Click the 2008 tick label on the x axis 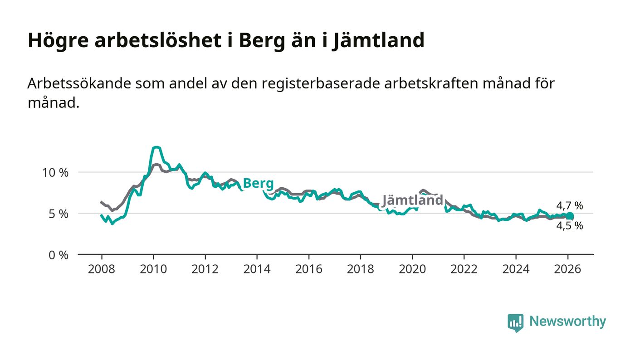click(x=101, y=269)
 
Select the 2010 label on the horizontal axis click(x=153, y=269)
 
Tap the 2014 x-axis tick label click(x=257, y=269)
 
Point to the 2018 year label click(x=360, y=269)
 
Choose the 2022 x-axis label click(x=464, y=269)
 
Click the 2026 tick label click(x=567, y=269)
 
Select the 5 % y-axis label click(x=59, y=214)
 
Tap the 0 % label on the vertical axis click(x=59, y=255)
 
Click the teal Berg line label click(x=258, y=184)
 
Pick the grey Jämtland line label click(x=412, y=200)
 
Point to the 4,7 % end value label click(x=569, y=206)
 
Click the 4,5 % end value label click(x=569, y=226)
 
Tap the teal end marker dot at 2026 click(x=570, y=216)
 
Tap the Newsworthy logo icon click(x=515, y=322)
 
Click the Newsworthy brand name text click(x=567, y=321)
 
